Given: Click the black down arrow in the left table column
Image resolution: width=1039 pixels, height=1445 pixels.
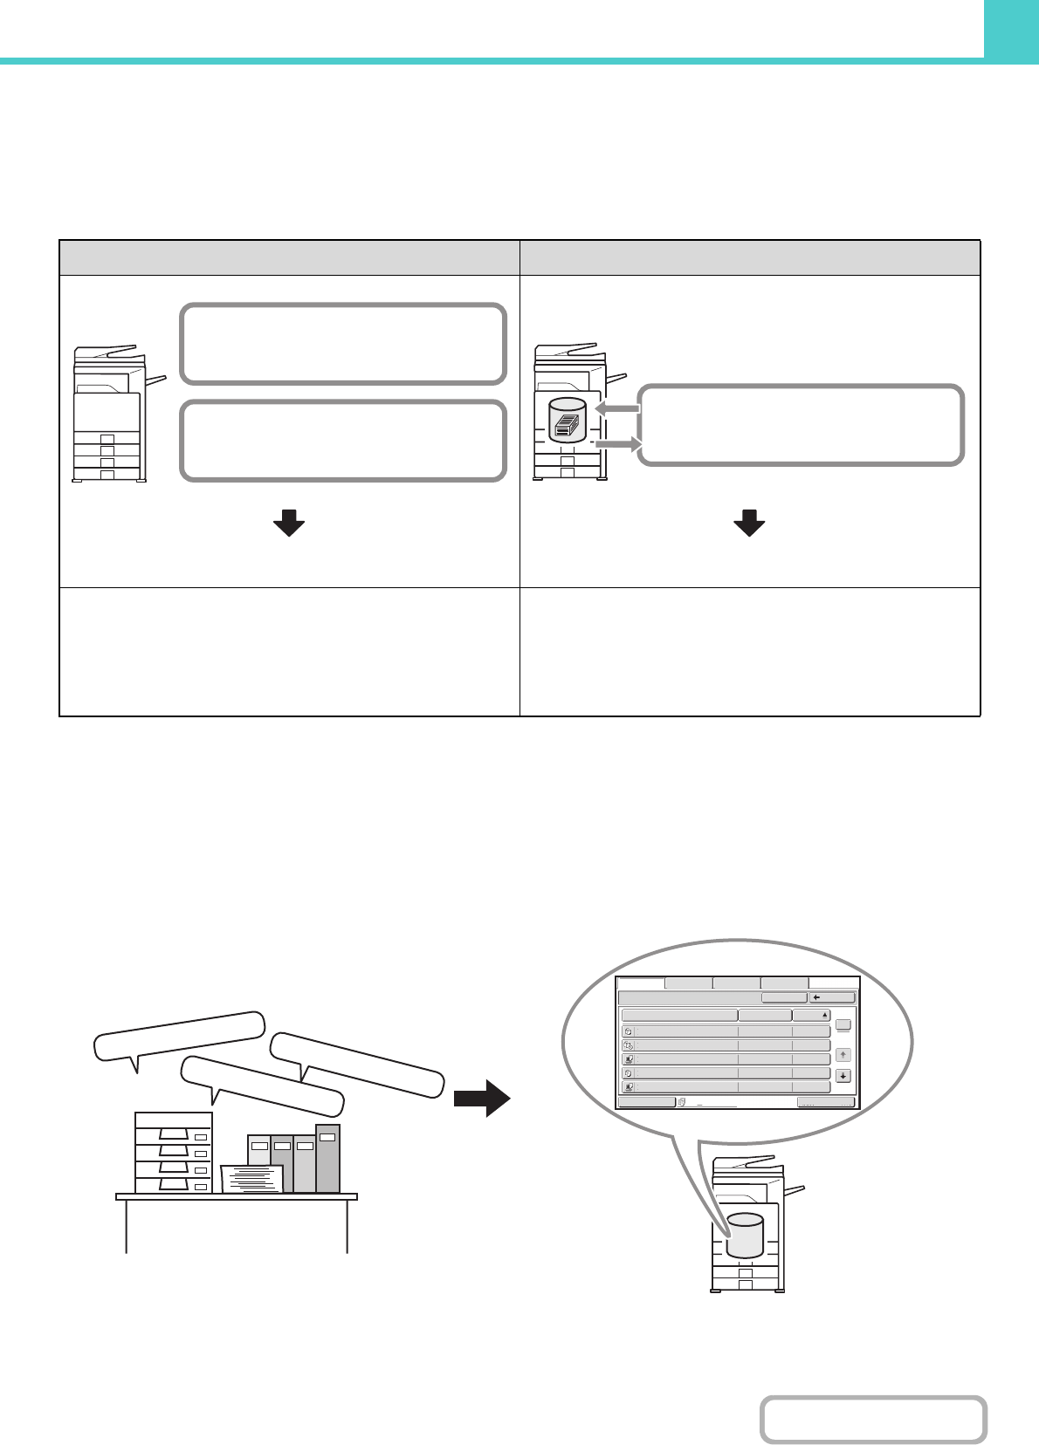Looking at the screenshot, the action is (x=288, y=524).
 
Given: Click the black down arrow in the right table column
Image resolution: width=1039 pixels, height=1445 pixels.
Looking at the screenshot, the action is (x=749, y=524).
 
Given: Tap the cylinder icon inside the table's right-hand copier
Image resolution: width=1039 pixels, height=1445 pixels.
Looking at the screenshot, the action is (x=568, y=421).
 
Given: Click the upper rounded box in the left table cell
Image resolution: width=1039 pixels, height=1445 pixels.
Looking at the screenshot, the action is (x=343, y=344).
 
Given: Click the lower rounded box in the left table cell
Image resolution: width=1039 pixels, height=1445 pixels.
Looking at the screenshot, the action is (x=343, y=441).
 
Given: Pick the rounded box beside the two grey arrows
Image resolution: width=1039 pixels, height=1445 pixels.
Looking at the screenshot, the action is (x=801, y=425).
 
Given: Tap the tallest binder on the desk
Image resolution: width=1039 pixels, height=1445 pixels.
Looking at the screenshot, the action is (x=327, y=1158).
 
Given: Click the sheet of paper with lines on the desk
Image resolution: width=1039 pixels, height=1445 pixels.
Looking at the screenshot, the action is (x=252, y=1178).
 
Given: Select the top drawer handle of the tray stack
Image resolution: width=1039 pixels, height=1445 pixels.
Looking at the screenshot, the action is (x=174, y=1133).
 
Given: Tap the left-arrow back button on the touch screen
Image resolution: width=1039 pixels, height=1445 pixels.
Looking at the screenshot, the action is (x=832, y=997).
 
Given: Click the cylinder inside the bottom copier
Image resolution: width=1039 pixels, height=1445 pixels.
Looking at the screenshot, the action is (x=745, y=1235).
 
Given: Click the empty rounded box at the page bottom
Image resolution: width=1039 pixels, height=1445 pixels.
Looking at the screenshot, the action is (x=873, y=1420).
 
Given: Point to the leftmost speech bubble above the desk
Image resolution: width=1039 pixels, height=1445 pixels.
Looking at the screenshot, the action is (x=179, y=1036).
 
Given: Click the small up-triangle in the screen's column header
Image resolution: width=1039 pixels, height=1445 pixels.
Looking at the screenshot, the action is (x=825, y=1016).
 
